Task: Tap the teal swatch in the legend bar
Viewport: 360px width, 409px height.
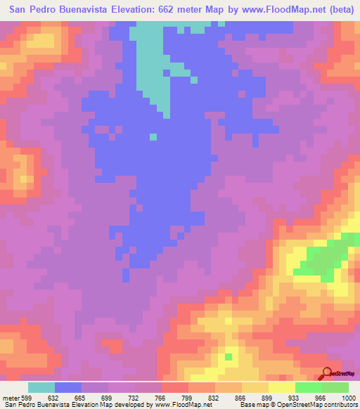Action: point(41,388)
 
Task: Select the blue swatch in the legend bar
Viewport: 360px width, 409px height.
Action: point(68,388)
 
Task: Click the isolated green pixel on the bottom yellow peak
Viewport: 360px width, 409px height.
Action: point(228,357)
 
